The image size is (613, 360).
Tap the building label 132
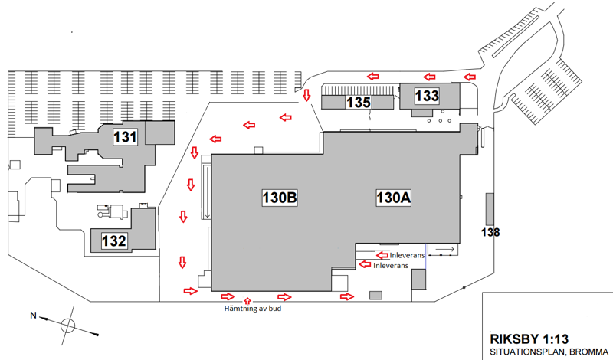(113, 241)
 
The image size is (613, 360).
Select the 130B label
(277, 198)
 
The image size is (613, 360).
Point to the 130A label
(394, 198)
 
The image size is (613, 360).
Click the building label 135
(359, 102)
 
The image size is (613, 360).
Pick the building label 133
(427, 96)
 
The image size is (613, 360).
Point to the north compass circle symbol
(68, 325)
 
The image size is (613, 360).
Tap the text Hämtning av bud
(247, 309)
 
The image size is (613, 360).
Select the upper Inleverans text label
(406, 254)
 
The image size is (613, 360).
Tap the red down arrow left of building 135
(306, 95)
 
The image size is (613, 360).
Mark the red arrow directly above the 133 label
(429, 77)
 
